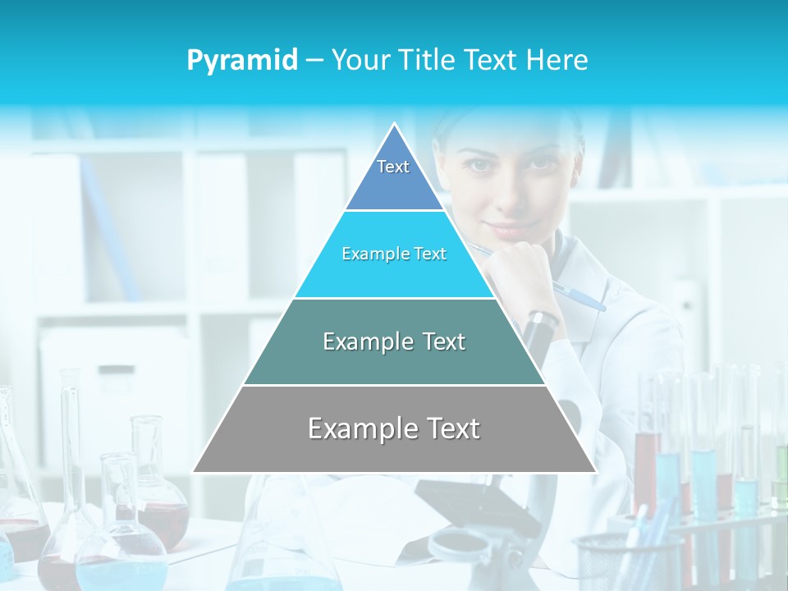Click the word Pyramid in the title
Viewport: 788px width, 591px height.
point(242,60)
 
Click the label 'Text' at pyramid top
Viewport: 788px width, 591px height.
point(393,167)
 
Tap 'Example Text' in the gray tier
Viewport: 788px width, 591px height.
point(394,428)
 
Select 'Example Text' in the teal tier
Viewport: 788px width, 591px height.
point(394,341)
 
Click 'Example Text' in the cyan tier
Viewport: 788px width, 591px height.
point(394,254)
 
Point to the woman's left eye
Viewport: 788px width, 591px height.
point(539,164)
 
